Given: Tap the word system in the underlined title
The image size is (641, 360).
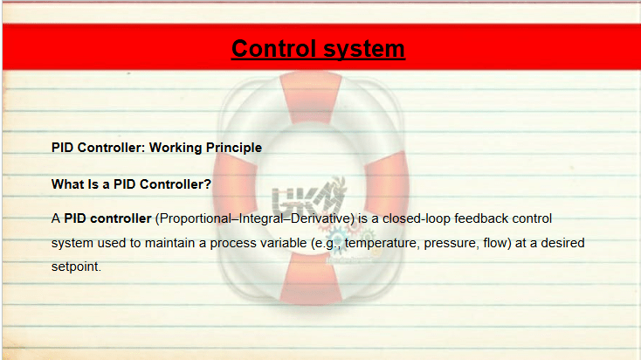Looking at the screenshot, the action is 364,50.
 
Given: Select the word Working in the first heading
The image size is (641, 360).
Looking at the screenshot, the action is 176,148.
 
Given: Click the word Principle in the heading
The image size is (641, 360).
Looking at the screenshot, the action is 234,148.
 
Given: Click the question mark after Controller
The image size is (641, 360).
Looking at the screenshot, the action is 208,184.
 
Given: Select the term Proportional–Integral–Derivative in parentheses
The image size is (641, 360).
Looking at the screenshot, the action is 254,218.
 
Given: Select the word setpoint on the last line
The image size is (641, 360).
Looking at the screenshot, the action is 76,267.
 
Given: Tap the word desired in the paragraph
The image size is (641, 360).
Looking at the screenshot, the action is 562,243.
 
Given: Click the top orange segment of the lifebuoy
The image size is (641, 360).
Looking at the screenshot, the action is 312,97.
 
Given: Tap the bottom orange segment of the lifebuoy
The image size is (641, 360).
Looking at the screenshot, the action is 311,279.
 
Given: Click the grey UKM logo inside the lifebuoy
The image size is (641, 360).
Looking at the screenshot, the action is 308,197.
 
